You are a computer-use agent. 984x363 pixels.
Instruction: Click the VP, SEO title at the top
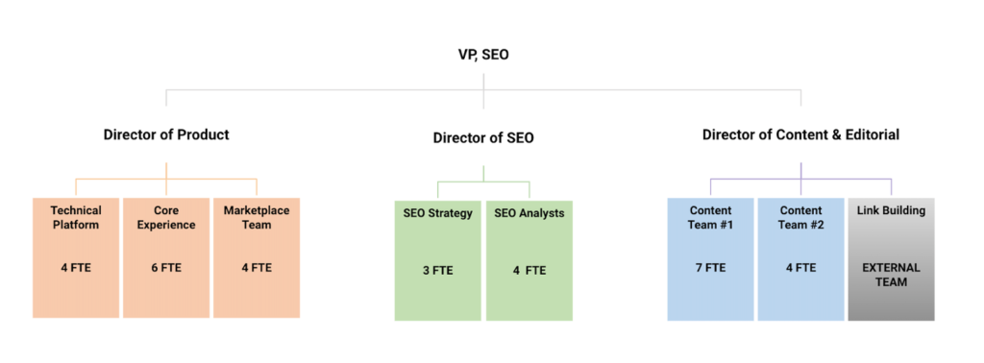pos(483,55)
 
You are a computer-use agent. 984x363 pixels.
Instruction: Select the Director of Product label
pos(166,134)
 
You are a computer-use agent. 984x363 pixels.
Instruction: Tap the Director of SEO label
pos(483,138)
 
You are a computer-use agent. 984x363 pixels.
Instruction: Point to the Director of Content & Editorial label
pos(800,134)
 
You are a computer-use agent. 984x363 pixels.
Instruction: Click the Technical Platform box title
pos(76,218)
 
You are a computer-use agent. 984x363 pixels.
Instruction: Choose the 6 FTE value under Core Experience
pos(166,268)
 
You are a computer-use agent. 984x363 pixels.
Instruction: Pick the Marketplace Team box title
pos(256,218)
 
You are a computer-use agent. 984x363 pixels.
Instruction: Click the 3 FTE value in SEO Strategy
pos(438,271)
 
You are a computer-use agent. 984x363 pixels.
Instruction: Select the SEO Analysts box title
pos(529,213)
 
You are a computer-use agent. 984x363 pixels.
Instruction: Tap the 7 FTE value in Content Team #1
pos(710,268)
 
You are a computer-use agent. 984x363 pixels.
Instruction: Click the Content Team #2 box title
pos(800,218)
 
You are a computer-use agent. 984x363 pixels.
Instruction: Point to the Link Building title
pos(891,210)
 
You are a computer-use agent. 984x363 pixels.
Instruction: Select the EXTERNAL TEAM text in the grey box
pos(891,275)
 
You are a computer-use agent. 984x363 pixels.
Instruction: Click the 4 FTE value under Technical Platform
pos(76,268)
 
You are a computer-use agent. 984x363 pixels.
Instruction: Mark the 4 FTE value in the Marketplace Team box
pos(257,268)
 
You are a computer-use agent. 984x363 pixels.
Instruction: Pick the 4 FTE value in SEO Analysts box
pos(529,271)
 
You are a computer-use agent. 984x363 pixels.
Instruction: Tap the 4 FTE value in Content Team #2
pos(800,268)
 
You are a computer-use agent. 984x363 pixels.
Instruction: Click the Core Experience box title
pos(166,218)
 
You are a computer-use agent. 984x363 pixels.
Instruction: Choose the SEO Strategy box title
pos(438,213)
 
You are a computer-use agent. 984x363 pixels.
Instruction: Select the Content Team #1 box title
pos(710,218)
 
